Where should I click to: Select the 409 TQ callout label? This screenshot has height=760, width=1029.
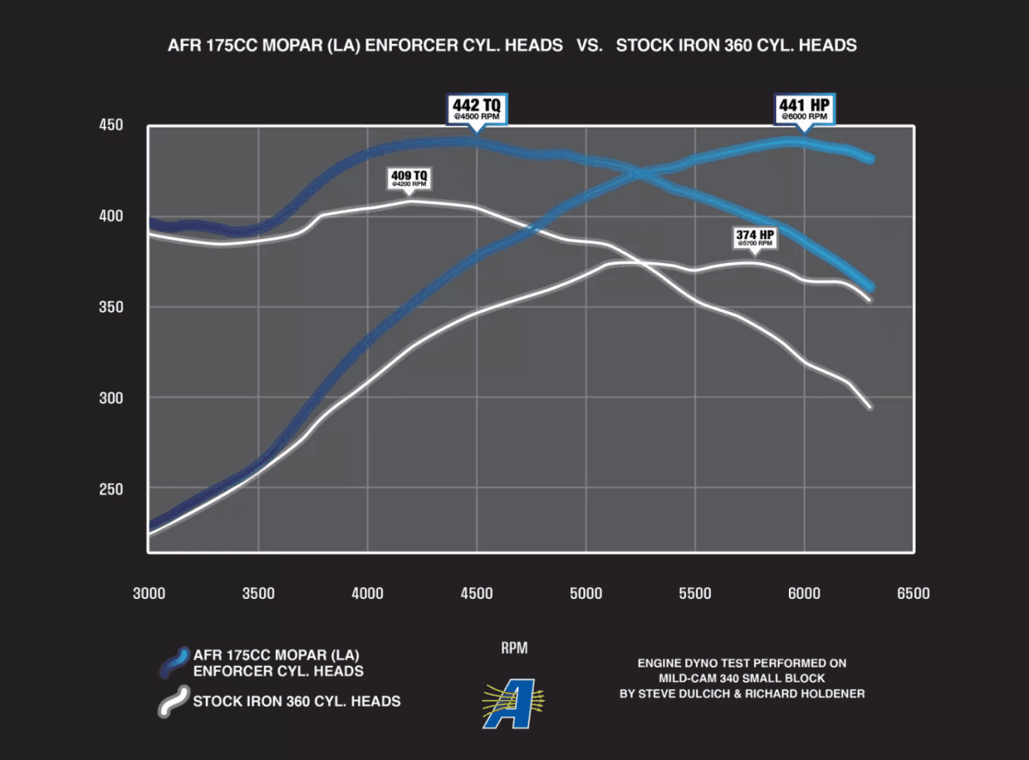pyautogui.click(x=409, y=178)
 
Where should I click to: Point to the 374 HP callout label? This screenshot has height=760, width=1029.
pyautogui.click(x=754, y=237)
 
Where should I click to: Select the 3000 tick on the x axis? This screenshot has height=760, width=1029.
pyautogui.click(x=148, y=594)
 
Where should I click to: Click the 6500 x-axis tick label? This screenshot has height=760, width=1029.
pyautogui.click(x=912, y=594)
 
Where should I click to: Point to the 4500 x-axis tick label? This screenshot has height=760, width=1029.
pyautogui.click(x=476, y=594)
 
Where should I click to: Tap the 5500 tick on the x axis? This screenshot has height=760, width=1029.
pyautogui.click(x=695, y=594)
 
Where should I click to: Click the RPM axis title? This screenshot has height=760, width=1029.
pyautogui.click(x=514, y=649)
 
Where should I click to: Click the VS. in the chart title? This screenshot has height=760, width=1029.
pyautogui.click(x=589, y=45)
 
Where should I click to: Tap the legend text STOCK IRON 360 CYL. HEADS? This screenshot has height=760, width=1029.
pyautogui.click(x=297, y=702)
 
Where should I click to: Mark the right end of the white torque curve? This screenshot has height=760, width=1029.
pyautogui.click(x=870, y=407)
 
